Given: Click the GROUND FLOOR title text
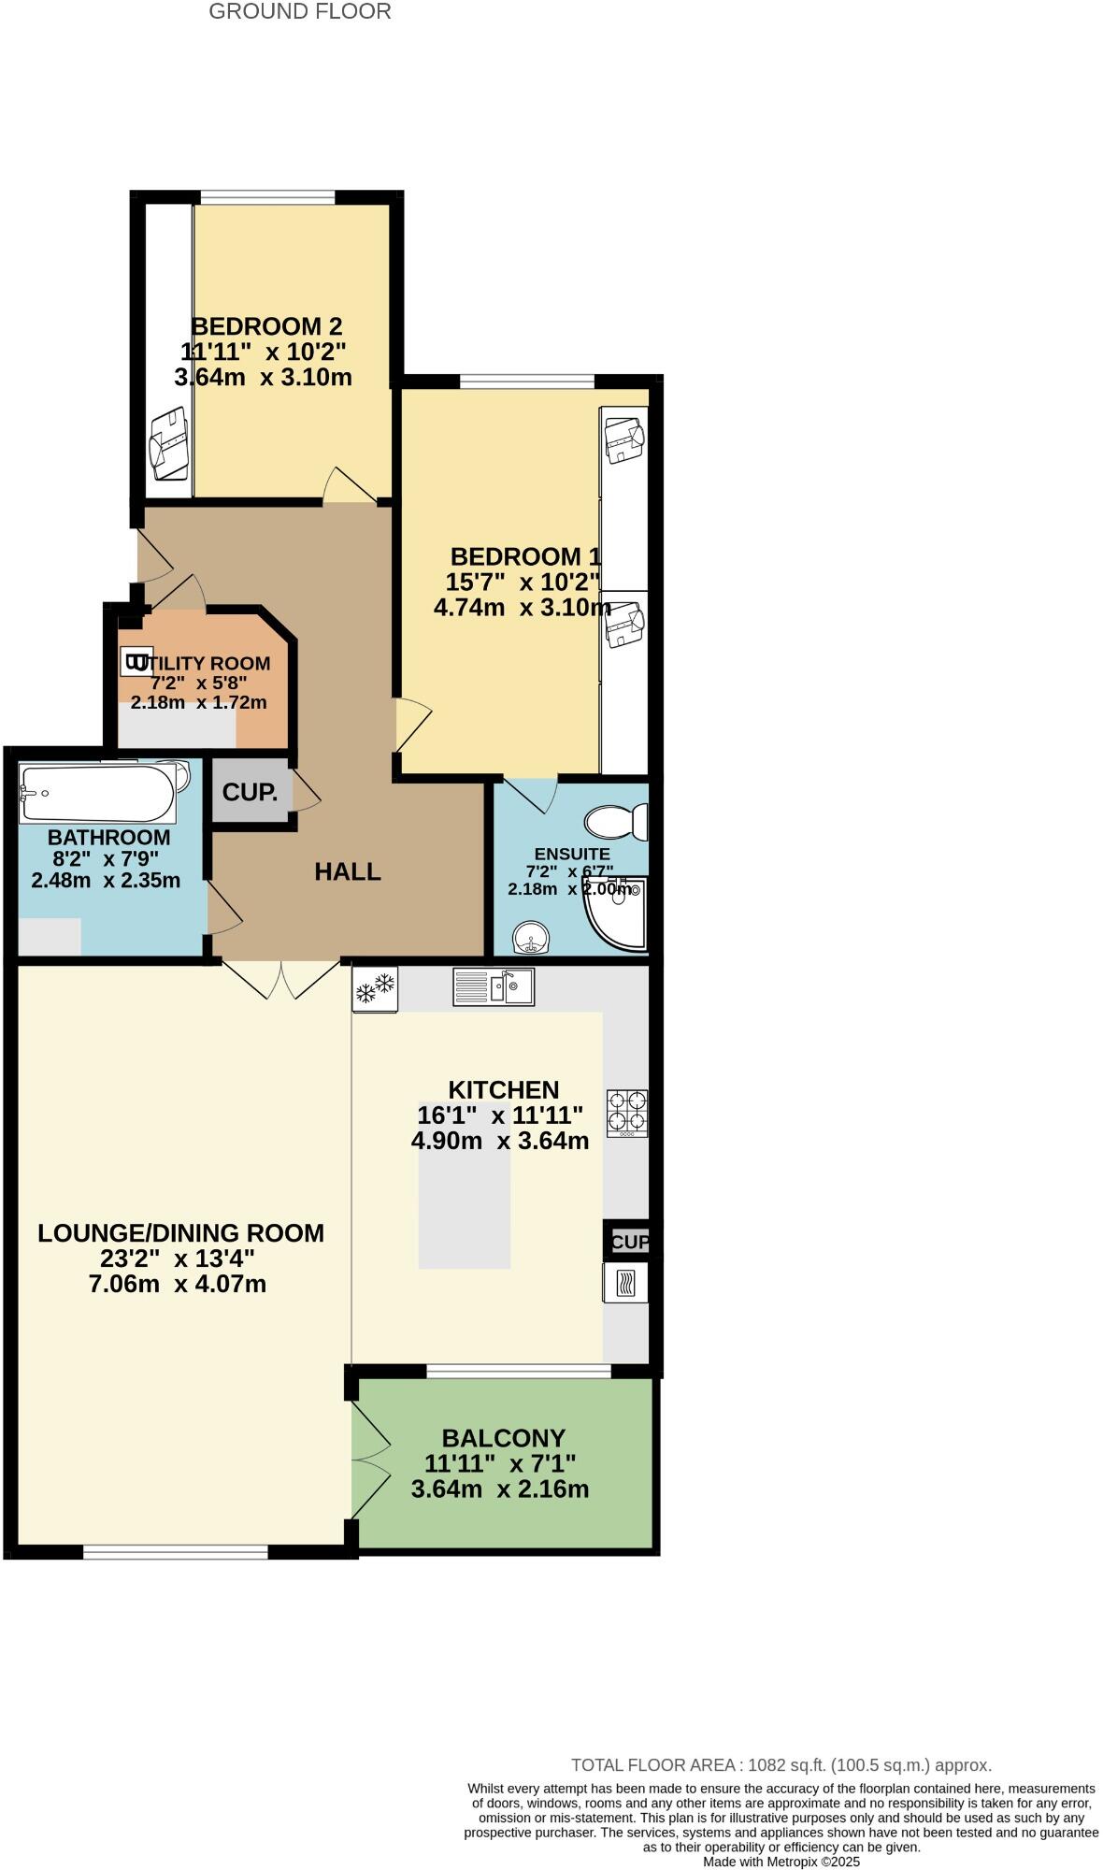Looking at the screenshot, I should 299,12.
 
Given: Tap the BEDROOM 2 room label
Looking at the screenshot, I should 266,326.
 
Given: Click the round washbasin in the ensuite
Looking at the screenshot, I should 532,937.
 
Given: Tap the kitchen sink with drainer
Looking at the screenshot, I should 494,986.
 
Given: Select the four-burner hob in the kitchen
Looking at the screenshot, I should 626,1113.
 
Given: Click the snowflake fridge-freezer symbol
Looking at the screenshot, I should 375,988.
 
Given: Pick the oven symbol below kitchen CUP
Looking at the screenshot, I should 625,1282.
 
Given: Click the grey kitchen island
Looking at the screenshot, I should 465,1206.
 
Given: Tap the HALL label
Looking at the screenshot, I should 348,872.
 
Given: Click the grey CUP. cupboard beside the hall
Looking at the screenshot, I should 250,792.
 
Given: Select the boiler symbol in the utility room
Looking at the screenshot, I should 136,662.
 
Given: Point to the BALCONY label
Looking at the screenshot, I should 504,1438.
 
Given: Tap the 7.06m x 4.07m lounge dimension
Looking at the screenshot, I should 178,1285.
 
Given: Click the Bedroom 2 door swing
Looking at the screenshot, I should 348,484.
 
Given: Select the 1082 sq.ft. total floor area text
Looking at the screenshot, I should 781,1765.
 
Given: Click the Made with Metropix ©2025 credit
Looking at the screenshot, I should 781,1862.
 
